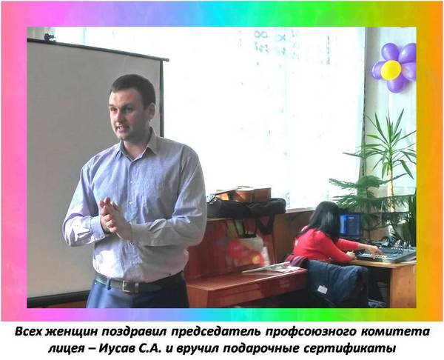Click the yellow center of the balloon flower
click(391, 70)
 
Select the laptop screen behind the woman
click(350, 224)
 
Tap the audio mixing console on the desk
click(388, 253)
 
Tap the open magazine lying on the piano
click(272, 267)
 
